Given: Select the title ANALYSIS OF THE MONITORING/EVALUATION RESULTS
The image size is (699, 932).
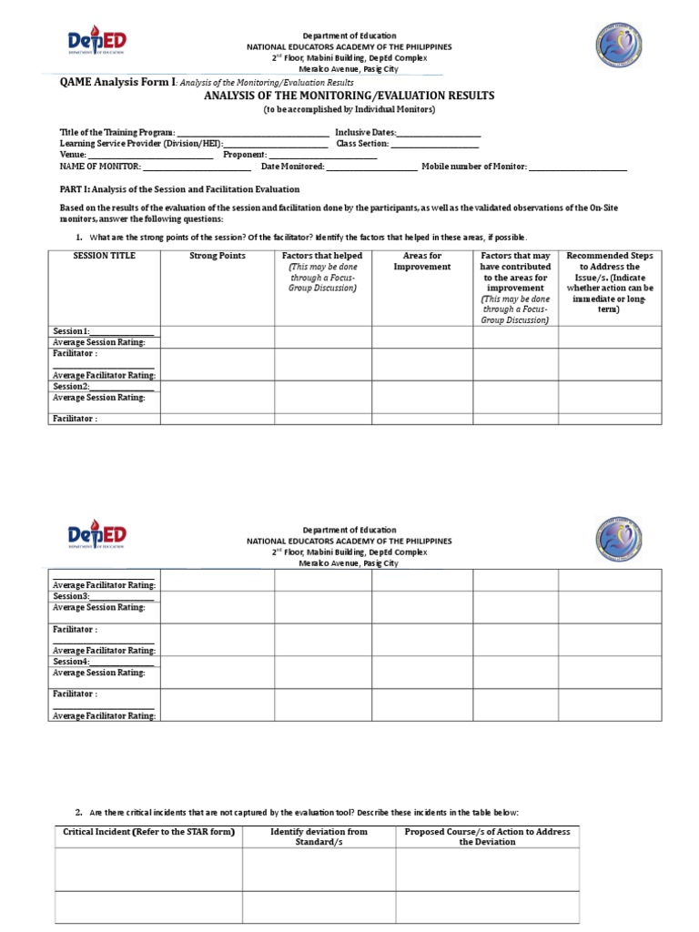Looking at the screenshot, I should click(349, 95).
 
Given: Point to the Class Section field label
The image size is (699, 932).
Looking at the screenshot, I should click(362, 144).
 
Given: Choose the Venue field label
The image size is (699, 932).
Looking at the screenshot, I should click(73, 155).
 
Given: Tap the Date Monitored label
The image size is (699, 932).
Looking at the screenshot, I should click(292, 167).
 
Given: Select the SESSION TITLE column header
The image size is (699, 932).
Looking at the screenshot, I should click(104, 256).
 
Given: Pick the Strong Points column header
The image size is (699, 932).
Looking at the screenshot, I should click(218, 256).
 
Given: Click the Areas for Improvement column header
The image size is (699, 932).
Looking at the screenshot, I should click(421, 261).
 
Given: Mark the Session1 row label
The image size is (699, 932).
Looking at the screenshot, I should click(72, 331).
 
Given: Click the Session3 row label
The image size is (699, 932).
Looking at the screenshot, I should click(71, 596).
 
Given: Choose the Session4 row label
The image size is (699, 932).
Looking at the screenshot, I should click(71, 662).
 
